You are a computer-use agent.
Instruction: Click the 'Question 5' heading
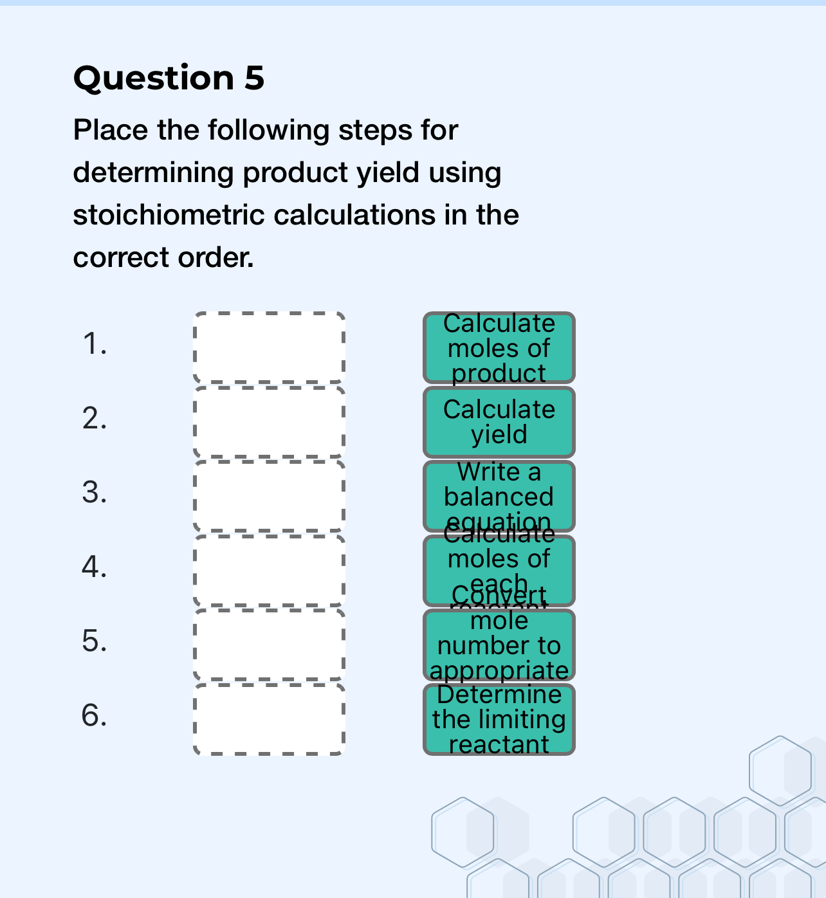point(169,78)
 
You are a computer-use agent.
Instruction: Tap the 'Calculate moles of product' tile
point(499,348)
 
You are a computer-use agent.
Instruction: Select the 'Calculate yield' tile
point(499,422)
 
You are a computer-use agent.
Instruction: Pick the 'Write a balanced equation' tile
point(499,496)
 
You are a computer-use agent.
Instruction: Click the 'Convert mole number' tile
point(499,645)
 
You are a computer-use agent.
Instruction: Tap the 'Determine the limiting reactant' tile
point(499,719)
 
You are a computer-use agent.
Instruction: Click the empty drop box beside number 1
point(269,348)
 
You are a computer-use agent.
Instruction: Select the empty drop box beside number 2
point(269,422)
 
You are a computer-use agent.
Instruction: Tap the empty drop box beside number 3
point(269,496)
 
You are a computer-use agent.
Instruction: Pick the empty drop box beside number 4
point(269,571)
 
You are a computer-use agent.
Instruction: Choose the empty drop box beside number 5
point(269,645)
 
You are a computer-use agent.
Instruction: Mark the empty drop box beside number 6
point(269,719)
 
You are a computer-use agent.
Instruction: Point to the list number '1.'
point(95,344)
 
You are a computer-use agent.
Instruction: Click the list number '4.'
point(95,567)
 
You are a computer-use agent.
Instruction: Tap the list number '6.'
point(95,715)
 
